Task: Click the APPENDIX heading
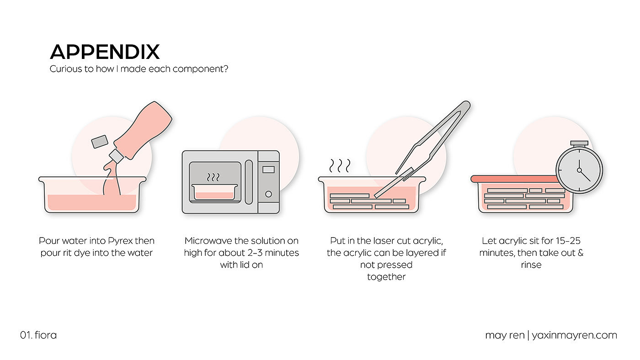[105, 52]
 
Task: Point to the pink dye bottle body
[143, 130]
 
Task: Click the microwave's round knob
[269, 194]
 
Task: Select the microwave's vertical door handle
[249, 182]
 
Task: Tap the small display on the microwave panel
[269, 169]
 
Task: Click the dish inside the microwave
[214, 192]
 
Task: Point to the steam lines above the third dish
[340, 165]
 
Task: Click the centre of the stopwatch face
[580, 170]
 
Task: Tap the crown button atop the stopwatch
[579, 143]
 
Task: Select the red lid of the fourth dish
[514, 179]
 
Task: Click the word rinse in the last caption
[531, 265]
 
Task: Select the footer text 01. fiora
[38, 335]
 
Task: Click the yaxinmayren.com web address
[574, 335]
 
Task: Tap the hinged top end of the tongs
[466, 105]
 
